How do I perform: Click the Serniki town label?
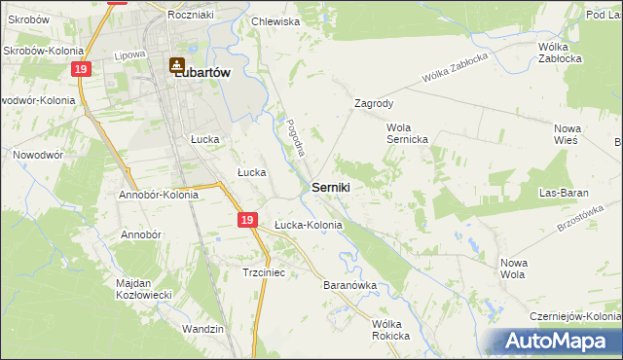tap(331, 186)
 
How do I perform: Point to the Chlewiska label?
tap(275, 21)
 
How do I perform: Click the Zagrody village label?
tap(374, 102)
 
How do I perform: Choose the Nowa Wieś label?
tap(567, 134)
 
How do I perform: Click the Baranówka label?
tap(349, 286)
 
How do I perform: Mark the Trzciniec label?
tap(263, 273)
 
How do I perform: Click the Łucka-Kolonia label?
tap(308, 226)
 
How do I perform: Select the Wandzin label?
tap(202, 330)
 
